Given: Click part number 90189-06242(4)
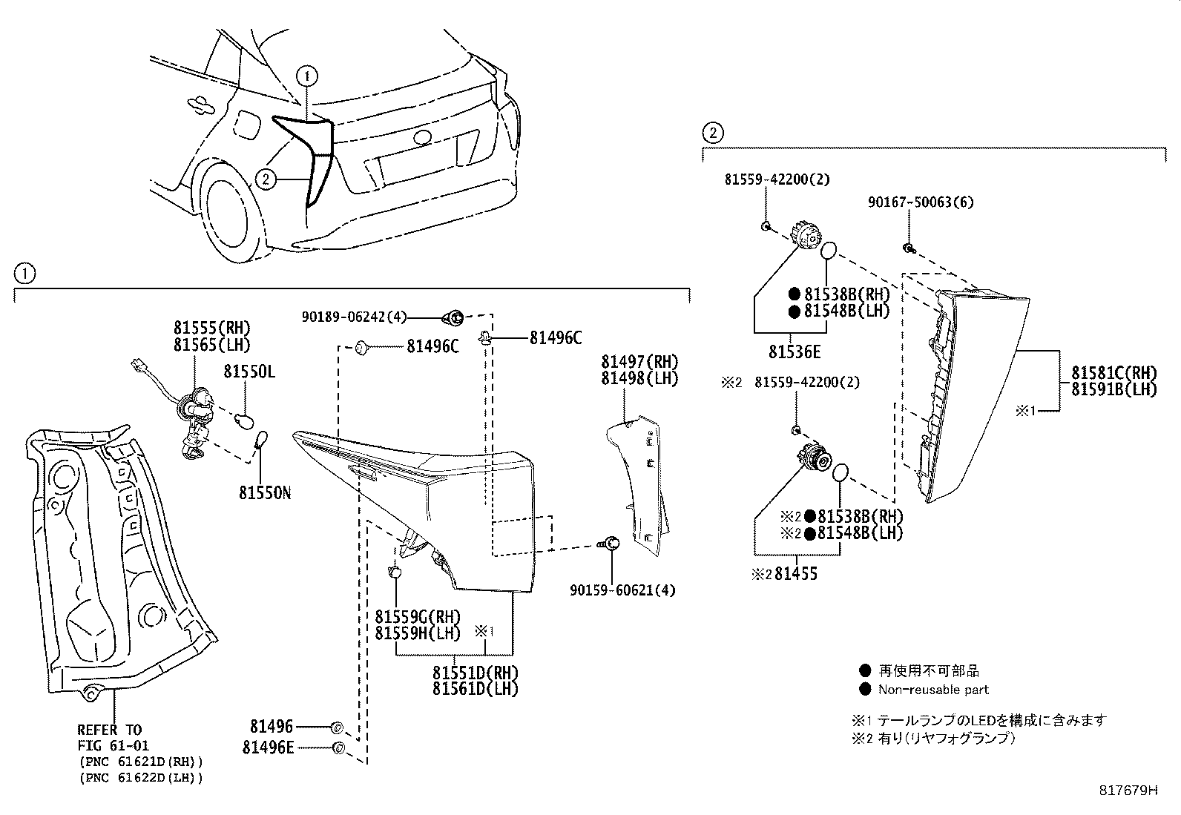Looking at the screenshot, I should (355, 317).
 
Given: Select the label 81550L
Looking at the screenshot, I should (249, 372).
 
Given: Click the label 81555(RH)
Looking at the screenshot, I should (212, 327).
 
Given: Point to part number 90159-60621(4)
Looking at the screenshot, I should (622, 590).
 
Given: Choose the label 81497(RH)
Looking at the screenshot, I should (639, 361).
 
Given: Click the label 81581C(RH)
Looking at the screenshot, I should (1113, 372).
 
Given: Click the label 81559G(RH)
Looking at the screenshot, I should (418, 616).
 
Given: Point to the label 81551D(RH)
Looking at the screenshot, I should (476, 673).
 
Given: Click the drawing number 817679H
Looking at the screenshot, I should (1128, 791).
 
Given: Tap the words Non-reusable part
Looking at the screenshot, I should (933, 690).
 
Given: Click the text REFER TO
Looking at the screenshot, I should (109, 730).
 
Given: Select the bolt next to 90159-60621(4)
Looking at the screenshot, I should (611, 544).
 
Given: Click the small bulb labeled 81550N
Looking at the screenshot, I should (261, 442).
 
